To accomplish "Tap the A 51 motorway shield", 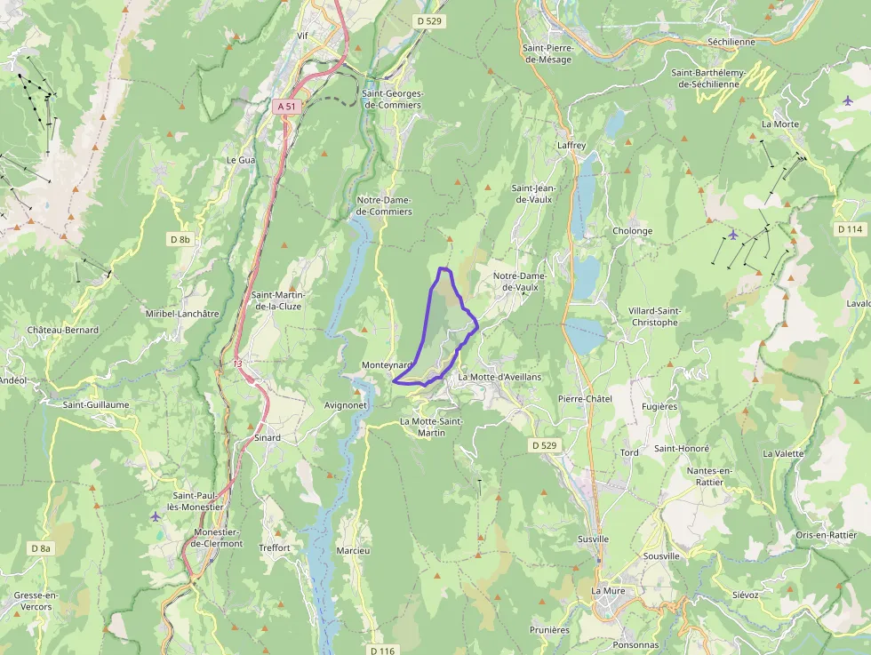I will (285, 106).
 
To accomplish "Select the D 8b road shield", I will (180, 239).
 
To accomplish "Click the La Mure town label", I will (609, 591).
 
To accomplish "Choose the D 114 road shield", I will (850, 229).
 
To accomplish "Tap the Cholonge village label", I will (632, 231).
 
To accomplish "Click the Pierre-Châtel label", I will (585, 399).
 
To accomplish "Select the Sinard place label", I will (268, 438).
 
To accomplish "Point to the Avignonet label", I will (346, 404).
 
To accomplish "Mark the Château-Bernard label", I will (63, 330).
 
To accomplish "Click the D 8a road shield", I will (41, 548).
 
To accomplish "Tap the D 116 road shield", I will (381, 651).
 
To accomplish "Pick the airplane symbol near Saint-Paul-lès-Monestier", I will (156, 516).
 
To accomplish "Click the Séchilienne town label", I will (731, 42).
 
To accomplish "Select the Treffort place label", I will (275, 548).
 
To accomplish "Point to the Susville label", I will (593, 539).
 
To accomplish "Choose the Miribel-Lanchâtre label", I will (182, 314).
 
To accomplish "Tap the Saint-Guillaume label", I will (96, 404).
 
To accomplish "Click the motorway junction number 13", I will (237, 363).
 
